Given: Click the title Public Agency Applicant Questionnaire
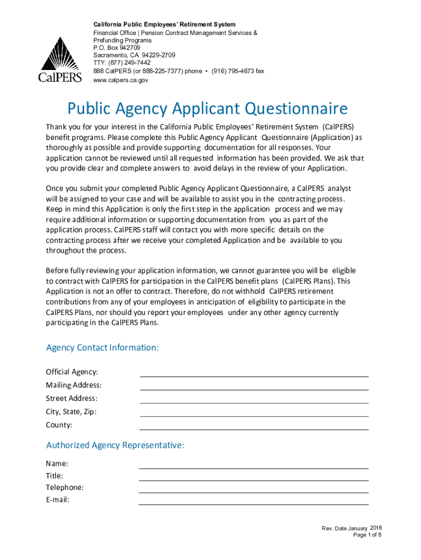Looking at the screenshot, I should [207, 109].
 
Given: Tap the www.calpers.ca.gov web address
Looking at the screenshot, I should [120, 80].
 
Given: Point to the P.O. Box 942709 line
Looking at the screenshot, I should [116, 48].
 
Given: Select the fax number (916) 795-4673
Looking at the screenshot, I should [238, 72].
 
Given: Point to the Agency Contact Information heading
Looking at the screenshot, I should [103, 348].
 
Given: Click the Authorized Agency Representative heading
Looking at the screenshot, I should [115, 445].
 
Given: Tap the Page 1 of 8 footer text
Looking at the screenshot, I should [367, 535].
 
